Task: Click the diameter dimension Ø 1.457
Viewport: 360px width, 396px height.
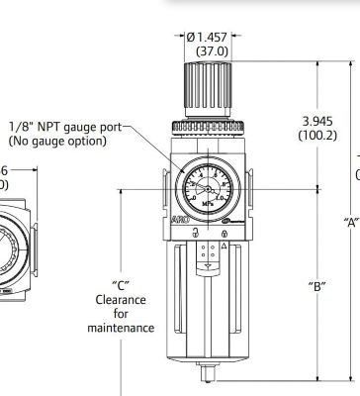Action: click(210, 37)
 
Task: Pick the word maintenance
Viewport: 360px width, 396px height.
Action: click(121, 328)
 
